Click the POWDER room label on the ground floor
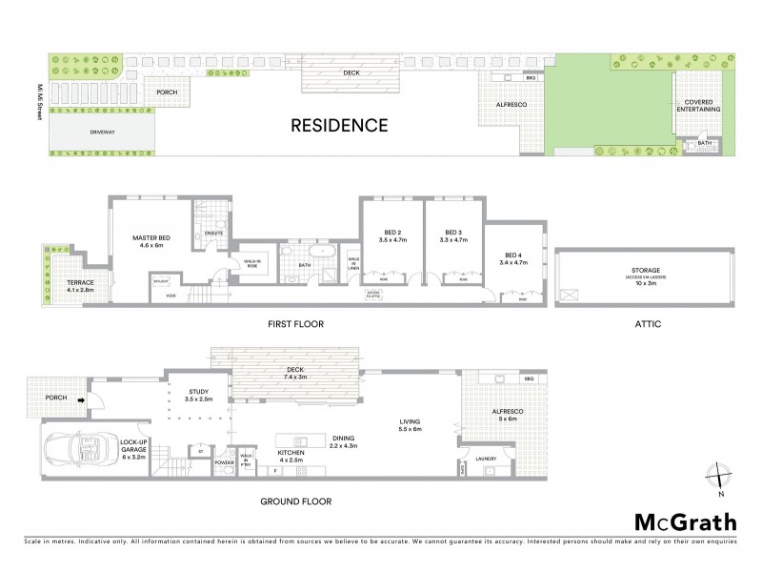pos(225,461)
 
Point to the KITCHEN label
pos(290,454)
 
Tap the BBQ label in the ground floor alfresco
pos(529,379)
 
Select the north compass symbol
pos(721,476)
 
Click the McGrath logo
pos(685,521)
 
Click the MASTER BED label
pos(152,239)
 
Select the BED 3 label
pos(452,233)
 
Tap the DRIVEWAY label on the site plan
pos(102,133)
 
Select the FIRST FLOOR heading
pos(295,324)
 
